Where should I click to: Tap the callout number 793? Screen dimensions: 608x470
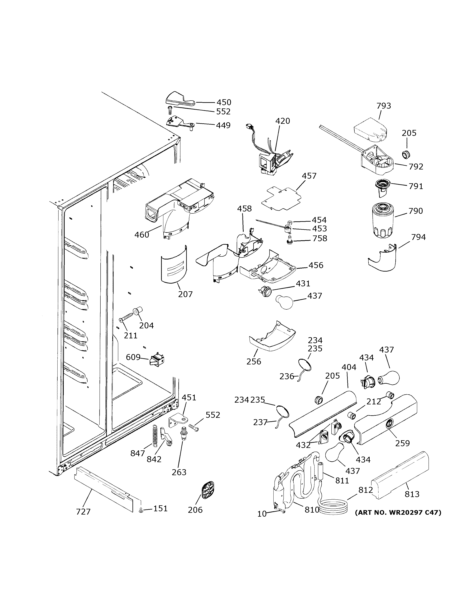(x=384, y=106)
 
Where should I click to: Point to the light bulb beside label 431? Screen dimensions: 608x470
(x=285, y=302)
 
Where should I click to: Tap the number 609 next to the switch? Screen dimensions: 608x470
(x=133, y=357)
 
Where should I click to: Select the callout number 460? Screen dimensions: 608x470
(x=142, y=235)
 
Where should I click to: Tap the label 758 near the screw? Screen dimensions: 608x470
(x=320, y=238)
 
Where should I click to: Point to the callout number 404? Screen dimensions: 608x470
(x=349, y=368)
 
